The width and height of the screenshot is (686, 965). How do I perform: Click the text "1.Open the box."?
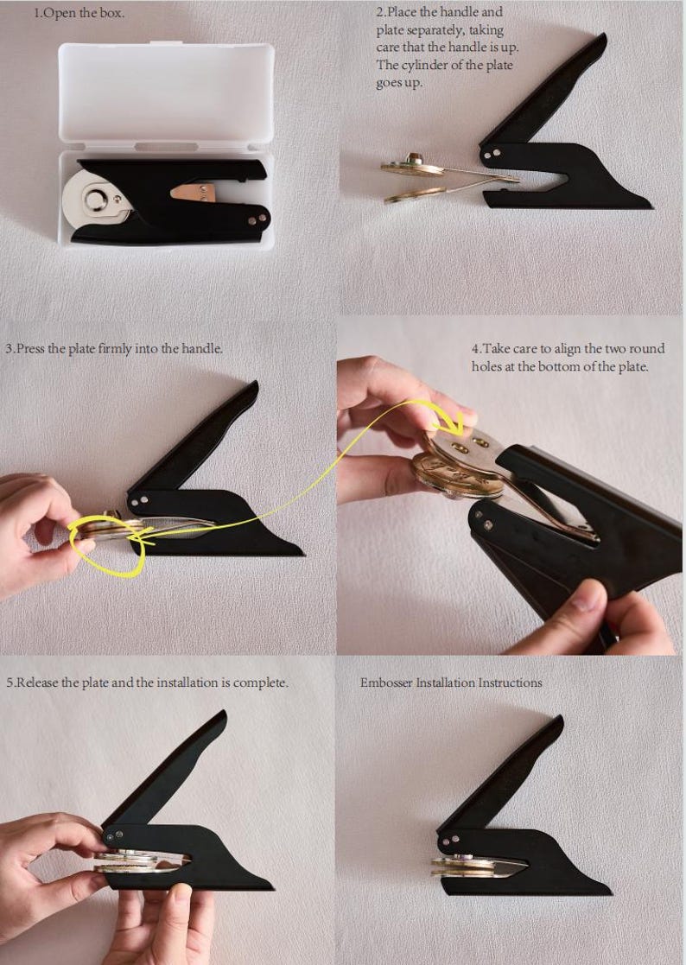pos(79,13)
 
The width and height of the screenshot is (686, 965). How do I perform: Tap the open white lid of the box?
pos(166,93)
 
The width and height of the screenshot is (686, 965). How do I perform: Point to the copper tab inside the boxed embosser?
pos(194,192)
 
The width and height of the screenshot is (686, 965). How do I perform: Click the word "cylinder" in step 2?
pos(441,66)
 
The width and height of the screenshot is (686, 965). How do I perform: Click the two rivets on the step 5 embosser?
pos(114,835)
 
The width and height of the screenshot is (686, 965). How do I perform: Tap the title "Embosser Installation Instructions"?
pos(451,682)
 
